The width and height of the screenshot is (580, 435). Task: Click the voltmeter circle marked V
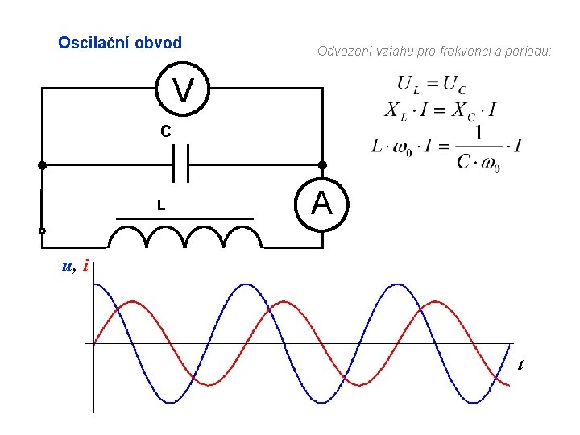[x=183, y=89]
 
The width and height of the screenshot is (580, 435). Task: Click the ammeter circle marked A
[x=321, y=204]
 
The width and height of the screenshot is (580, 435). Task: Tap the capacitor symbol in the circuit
[x=182, y=164]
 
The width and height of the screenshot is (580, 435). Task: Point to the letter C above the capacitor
[x=164, y=131]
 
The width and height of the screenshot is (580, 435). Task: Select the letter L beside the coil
[x=161, y=206]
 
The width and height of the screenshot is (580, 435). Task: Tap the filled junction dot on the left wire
[x=42, y=165]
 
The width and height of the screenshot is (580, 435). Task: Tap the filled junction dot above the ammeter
[x=322, y=165]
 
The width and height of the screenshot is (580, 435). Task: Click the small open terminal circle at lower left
[x=42, y=231]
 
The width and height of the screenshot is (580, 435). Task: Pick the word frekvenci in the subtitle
[x=459, y=52]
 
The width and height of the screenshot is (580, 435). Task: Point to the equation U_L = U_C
[x=432, y=84]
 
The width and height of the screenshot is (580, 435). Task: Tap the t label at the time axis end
[x=520, y=365]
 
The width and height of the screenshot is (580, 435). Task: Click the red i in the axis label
[x=85, y=265]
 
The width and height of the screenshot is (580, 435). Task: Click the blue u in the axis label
[x=68, y=266]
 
